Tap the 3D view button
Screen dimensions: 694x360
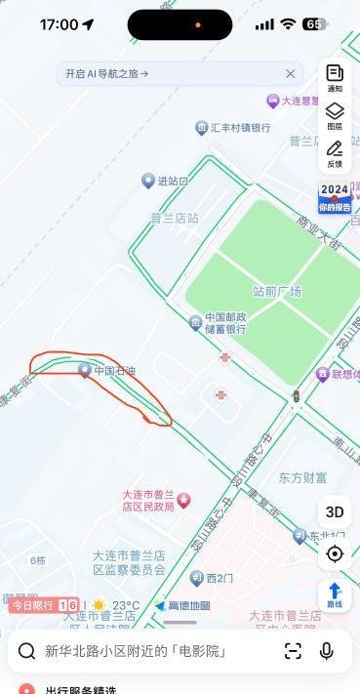(x=335, y=511)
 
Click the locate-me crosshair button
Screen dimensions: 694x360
(x=335, y=553)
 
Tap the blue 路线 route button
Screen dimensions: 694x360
(x=335, y=594)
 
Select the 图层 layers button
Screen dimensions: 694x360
(x=335, y=116)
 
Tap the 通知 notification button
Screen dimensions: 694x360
(x=335, y=78)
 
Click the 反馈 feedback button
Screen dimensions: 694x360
(x=335, y=154)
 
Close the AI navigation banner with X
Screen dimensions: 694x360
(x=290, y=74)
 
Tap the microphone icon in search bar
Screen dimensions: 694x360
(x=327, y=651)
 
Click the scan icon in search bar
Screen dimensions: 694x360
(x=293, y=651)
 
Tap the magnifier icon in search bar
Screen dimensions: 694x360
(x=27, y=651)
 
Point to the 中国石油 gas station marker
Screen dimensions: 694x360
(x=85, y=370)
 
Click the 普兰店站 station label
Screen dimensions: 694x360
(x=175, y=218)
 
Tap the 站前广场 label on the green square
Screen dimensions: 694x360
(x=277, y=291)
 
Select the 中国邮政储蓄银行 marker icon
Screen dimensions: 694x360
(x=195, y=322)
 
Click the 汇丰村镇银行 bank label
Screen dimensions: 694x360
(x=240, y=128)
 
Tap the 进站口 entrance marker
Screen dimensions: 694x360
(x=148, y=181)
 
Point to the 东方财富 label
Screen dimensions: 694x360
(x=302, y=478)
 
